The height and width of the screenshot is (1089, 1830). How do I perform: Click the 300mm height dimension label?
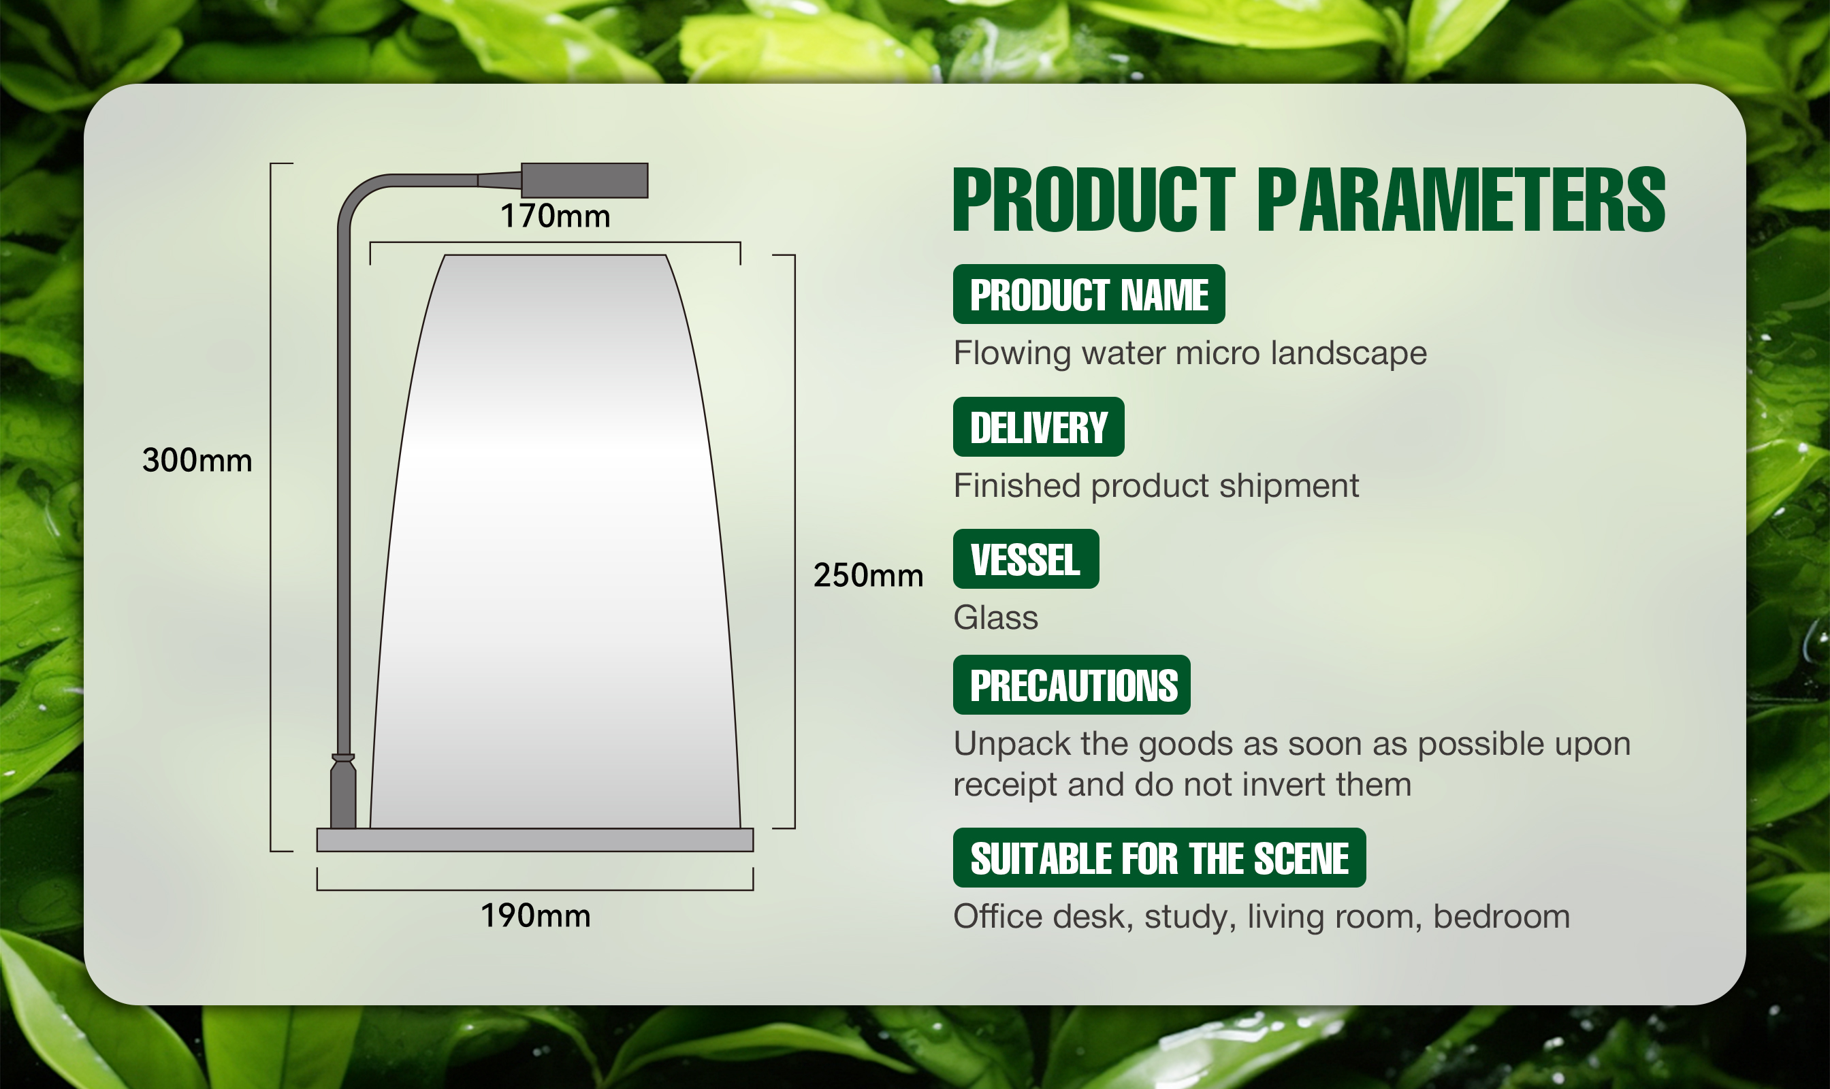pyautogui.click(x=197, y=460)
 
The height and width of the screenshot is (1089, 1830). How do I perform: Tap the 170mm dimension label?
pyautogui.click(x=555, y=216)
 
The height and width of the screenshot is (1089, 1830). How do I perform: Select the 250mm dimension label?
pyautogui.click(x=869, y=574)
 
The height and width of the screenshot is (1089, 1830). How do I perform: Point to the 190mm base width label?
pyautogui.click(x=535, y=915)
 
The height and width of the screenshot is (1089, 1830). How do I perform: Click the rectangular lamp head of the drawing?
pyautogui.click(x=584, y=180)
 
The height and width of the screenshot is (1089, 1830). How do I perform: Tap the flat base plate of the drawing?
pyautogui.click(x=535, y=839)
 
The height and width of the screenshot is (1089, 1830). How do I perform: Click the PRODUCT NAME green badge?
pyautogui.click(x=1089, y=294)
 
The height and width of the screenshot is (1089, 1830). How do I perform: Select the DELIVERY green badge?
pyautogui.click(x=1039, y=427)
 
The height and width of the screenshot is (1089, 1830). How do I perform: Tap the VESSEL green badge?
pyautogui.click(x=1026, y=559)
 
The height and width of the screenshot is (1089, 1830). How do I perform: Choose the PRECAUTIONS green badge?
pyautogui.click(x=1072, y=685)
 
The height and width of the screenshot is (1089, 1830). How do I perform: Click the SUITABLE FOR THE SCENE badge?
pyautogui.click(x=1159, y=858)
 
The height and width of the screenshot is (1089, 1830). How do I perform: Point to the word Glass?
pyautogui.click(x=995, y=618)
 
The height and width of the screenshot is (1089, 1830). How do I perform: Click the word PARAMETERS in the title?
pyautogui.click(x=1462, y=199)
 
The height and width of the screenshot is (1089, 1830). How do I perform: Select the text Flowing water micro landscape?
pyautogui.click(x=1190, y=354)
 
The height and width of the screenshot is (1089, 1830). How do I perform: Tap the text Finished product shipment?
pyautogui.click(x=1156, y=486)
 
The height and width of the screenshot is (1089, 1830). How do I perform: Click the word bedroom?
pyautogui.click(x=1501, y=917)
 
